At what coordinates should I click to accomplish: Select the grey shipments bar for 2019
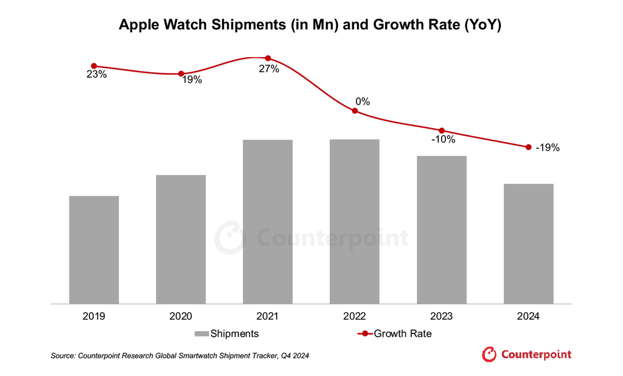pyautogui.click(x=94, y=249)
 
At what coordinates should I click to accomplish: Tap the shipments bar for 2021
pyautogui.click(x=268, y=222)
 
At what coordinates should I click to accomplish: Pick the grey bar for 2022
pyautogui.click(x=354, y=222)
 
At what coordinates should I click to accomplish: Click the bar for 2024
pyautogui.click(x=528, y=243)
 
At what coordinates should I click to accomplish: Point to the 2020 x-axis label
pyautogui.click(x=181, y=316)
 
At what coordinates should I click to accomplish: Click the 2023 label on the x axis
pyautogui.click(x=441, y=316)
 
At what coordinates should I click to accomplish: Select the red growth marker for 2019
pyautogui.click(x=94, y=66)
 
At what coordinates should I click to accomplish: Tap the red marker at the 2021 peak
pyautogui.click(x=268, y=58)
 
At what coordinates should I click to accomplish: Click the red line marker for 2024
pyautogui.click(x=528, y=147)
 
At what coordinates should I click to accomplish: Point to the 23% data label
pyautogui.click(x=96, y=75)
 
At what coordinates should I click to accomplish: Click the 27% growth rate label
pyautogui.click(x=269, y=69)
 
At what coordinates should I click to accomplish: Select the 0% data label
pyautogui.click(x=363, y=101)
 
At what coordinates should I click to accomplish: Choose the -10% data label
pyautogui.click(x=444, y=140)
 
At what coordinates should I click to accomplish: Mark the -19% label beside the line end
pyautogui.click(x=548, y=148)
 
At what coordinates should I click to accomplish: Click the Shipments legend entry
pyautogui.click(x=226, y=333)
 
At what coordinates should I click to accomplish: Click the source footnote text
pyautogui.click(x=179, y=356)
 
